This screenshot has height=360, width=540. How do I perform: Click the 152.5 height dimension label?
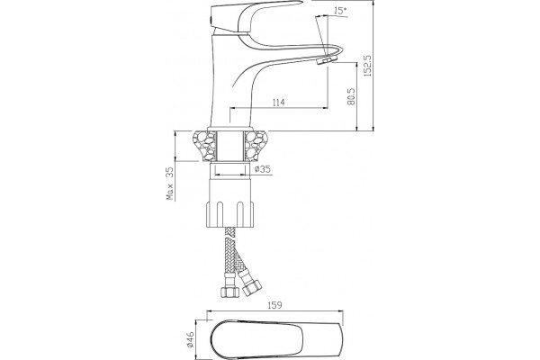[x=368, y=65]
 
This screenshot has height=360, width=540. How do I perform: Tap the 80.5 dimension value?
[x=351, y=96]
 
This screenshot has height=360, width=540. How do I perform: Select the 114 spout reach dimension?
[x=279, y=103]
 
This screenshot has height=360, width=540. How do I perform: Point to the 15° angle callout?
[x=340, y=11]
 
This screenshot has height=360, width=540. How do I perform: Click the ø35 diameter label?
[x=263, y=169]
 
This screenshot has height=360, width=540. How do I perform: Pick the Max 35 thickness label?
[x=170, y=184]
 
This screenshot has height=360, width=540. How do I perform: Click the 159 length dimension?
[x=274, y=305]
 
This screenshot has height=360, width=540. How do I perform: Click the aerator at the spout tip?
[x=325, y=61]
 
